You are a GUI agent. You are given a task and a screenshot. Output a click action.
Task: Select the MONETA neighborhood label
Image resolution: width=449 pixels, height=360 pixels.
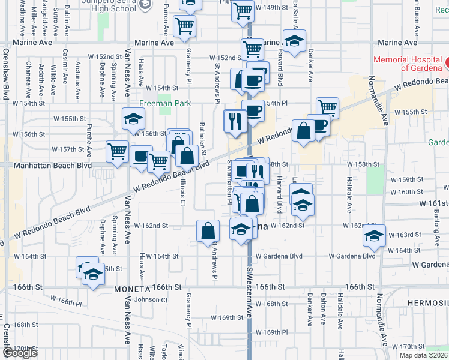click(x=131, y=289)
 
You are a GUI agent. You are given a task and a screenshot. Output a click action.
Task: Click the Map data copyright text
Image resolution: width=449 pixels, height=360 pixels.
click(x=424, y=355)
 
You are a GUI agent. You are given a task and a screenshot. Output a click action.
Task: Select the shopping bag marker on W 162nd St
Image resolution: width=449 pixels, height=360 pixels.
click(x=208, y=231)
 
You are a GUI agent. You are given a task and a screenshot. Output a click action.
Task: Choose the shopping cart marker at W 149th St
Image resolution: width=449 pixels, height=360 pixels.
click(x=242, y=10)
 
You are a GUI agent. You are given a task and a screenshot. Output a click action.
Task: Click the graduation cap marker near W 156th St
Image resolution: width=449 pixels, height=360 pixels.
click(x=133, y=119)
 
